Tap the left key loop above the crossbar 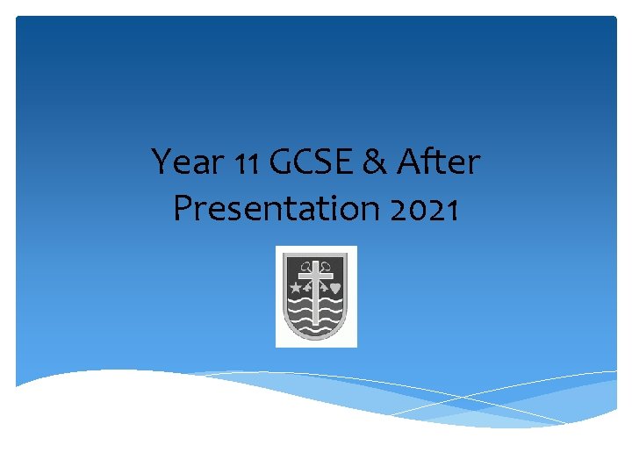click(x=305, y=266)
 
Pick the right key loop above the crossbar click(x=327, y=266)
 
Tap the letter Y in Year click(x=162, y=162)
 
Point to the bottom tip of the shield click(x=316, y=339)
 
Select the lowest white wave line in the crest click(x=316, y=329)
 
